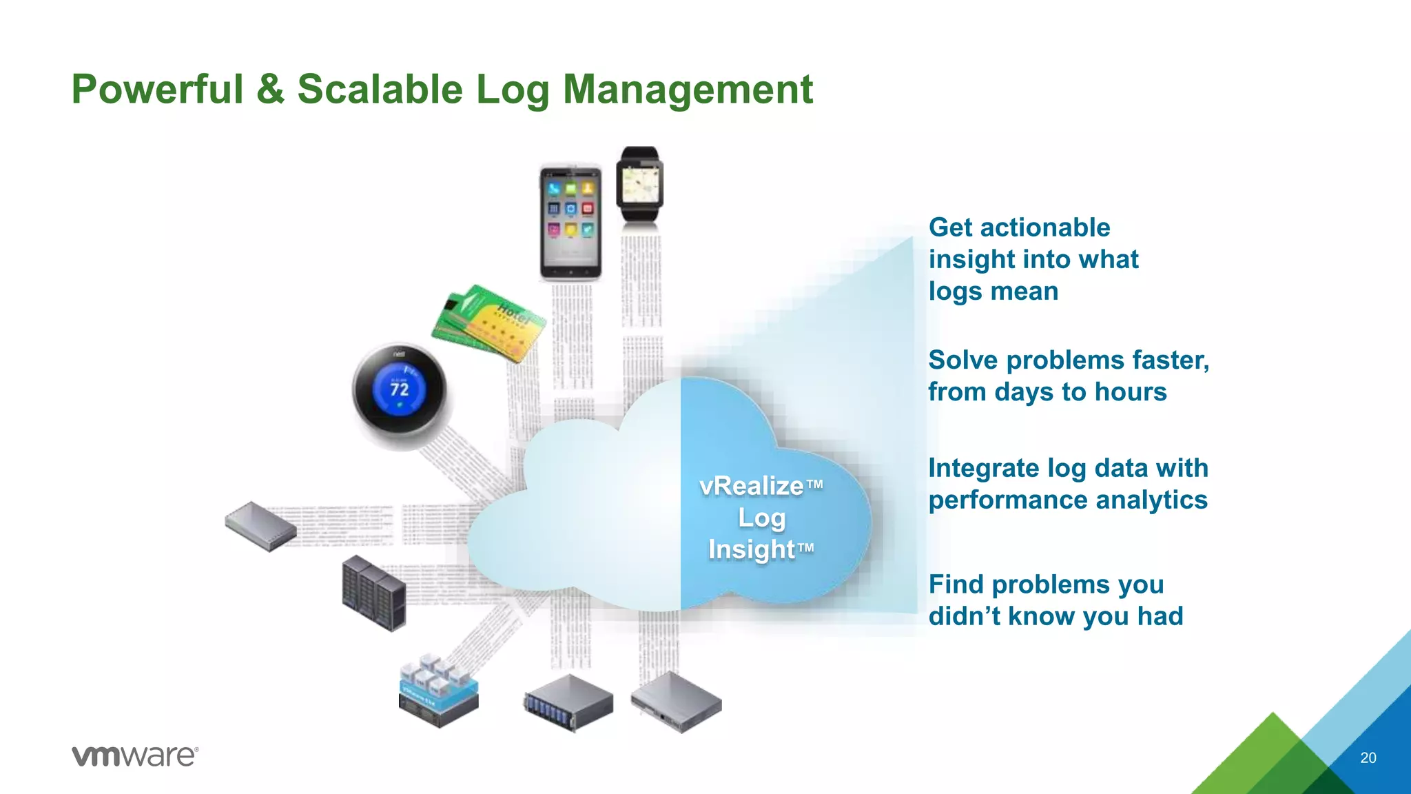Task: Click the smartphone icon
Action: click(570, 222)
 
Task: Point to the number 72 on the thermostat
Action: click(400, 389)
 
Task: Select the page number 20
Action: click(1368, 757)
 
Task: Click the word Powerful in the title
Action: click(158, 90)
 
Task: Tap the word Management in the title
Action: click(688, 90)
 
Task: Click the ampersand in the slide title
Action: click(270, 90)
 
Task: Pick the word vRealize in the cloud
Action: click(752, 486)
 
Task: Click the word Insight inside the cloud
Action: click(752, 549)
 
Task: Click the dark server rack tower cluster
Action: click(373, 593)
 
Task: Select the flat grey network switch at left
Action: click(260, 526)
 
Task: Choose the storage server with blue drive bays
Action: click(568, 703)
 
